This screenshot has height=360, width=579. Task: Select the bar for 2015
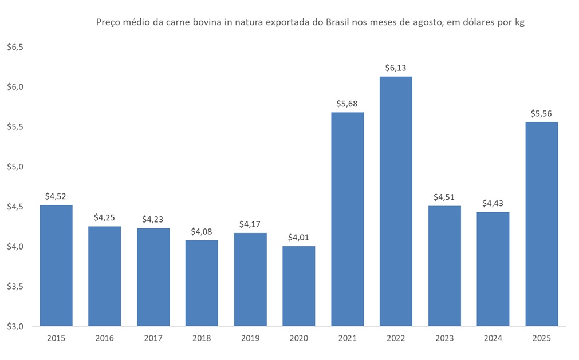click(x=56, y=266)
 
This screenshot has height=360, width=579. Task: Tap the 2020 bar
click(x=298, y=286)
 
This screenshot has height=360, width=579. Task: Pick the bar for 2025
click(x=541, y=224)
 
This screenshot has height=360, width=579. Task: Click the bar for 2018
click(x=202, y=283)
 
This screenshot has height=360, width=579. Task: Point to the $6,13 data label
click(x=396, y=68)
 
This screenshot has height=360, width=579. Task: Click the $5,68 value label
click(x=347, y=104)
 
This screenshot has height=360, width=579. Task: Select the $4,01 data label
click(x=298, y=238)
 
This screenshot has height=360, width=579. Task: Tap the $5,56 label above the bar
click(x=541, y=113)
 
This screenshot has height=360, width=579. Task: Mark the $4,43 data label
click(x=493, y=204)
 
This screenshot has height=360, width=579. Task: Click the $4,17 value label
click(x=250, y=224)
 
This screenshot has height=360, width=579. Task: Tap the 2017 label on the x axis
click(x=153, y=338)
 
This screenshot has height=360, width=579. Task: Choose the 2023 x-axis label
click(x=444, y=338)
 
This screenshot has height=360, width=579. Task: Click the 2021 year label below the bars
click(x=347, y=338)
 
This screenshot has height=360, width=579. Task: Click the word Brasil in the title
click(x=340, y=23)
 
